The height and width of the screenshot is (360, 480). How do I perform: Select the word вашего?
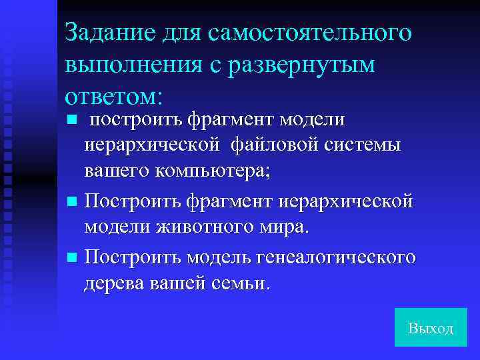pos(117,171)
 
